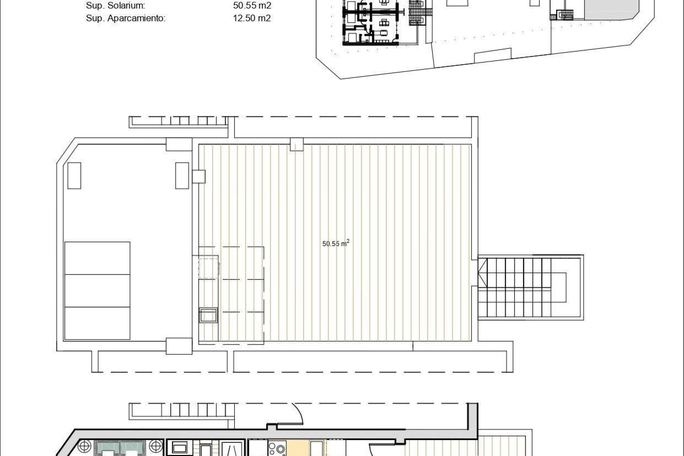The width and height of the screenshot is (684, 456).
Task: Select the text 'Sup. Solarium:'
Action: [x=115, y=6]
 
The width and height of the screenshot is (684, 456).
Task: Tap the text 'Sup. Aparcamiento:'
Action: [x=125, y=18]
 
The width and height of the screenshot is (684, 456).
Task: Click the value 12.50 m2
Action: [x=252, y=18]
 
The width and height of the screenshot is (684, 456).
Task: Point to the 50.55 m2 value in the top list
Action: [x=252, y=6]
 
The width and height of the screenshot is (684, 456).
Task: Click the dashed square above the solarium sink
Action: [x=208, y=268]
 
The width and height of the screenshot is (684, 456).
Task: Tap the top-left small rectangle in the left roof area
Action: [x=74, y=175]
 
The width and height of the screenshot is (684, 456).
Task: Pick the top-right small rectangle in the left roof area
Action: [x=182, y=175]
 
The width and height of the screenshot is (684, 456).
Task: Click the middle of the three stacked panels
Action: [x=97, y=290]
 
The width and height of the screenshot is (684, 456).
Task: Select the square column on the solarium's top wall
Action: [x=296, y=144]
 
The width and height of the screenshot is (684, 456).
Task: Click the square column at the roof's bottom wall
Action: [x=179, y=346]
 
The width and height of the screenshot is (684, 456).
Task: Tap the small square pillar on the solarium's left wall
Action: [x=199, y=177]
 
